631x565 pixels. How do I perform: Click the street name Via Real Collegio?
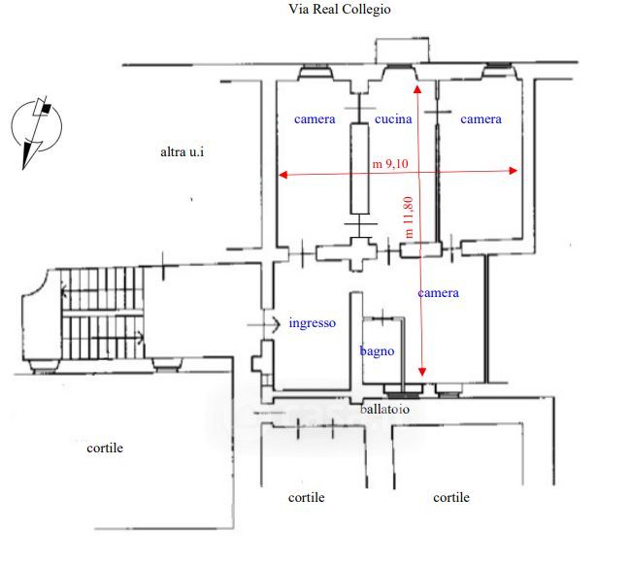tap(340, 9)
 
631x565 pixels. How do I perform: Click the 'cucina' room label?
tap(393, 119)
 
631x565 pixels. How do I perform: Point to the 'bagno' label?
tap(377, 351)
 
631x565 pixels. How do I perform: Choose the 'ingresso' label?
tap(312, 323)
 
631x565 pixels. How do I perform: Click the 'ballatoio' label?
tap(384, 410)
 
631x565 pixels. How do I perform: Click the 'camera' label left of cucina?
tap(315, 119)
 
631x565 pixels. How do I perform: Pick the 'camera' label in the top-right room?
tap(481, 119)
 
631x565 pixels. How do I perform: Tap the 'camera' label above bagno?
tap(438, 292)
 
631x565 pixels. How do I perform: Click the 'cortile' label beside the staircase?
tap(105, 448)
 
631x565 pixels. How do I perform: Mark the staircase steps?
tap(102, 316)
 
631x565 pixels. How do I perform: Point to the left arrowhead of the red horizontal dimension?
tap(282, 176)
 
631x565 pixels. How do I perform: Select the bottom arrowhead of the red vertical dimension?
tap(422, 373)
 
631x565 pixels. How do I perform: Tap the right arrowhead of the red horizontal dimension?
tap(515, 172)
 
